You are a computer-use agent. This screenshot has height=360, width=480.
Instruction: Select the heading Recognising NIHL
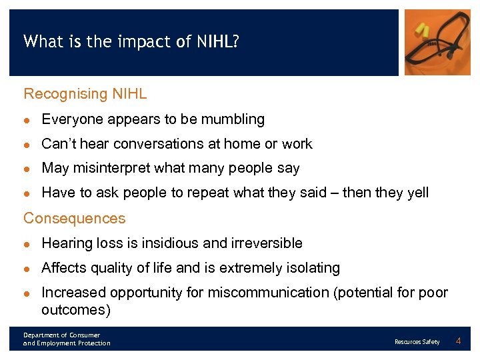click(x=85, y=94)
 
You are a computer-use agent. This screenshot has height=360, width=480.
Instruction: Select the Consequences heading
click(x=74, y=219)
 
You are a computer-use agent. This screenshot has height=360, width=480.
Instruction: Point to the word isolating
click(x=313, y=268)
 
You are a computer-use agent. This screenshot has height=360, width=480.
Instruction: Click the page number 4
click(x=458, y=341)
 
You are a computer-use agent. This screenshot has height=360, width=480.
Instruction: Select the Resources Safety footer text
click(x=417, y=342)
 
